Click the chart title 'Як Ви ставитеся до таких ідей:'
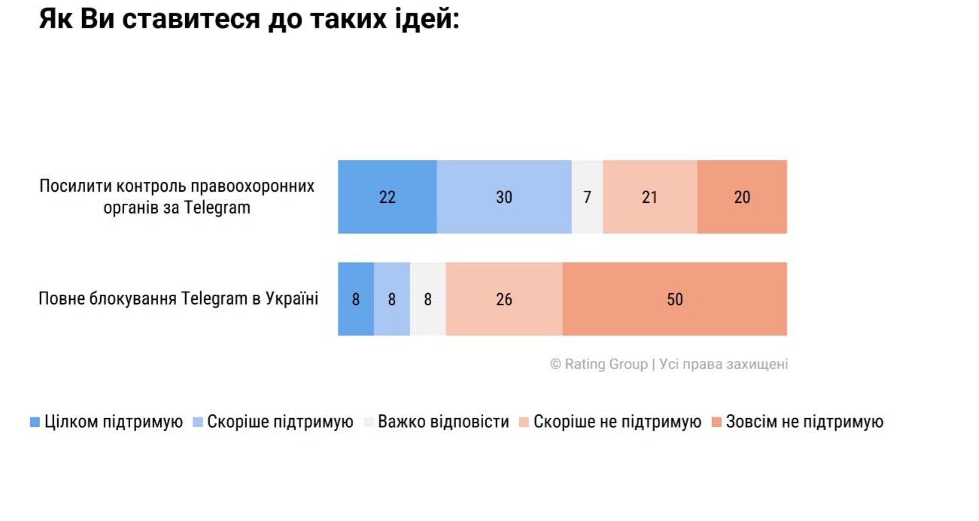point(248,20)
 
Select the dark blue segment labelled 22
point(387,197)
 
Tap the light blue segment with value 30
point(503,197)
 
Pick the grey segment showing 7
point(587,197)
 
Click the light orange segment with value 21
point(649,197)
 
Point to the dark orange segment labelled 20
point(742,197)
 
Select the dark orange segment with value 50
point(674,299)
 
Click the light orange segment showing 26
point(503,299)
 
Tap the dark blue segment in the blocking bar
point(355,299)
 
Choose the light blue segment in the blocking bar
point(391,299)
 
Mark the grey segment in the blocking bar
point(427,299)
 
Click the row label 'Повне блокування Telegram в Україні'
point(178,299)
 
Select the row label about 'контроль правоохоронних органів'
point(177,197)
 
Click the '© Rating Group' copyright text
point(599,365)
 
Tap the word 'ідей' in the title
point(427,20)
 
